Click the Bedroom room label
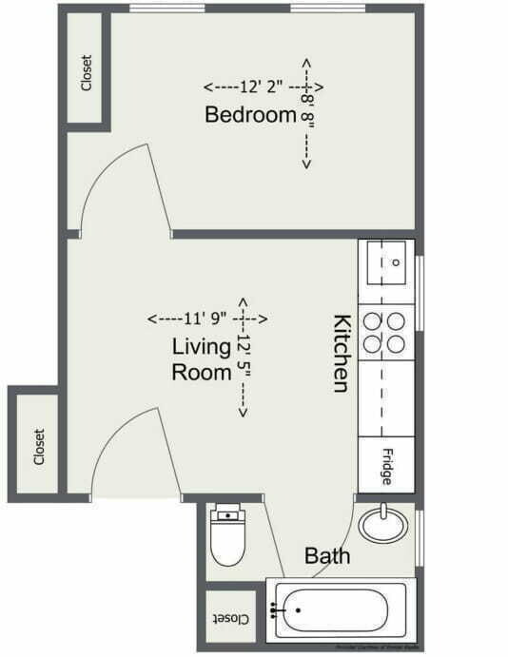(251, 115)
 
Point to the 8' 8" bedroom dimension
(306, 112)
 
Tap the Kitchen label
(342, 351)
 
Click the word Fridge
(387, 466)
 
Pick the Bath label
(326, 556)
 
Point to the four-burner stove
(385, 333)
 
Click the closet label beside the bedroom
(87, 72)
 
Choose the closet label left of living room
(38, 447)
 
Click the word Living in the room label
(201, 345)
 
